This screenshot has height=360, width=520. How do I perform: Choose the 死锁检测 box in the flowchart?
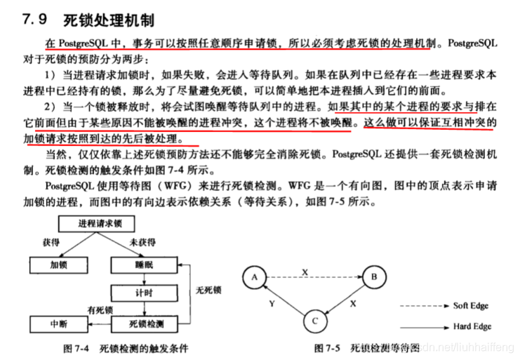[x=145, y=324]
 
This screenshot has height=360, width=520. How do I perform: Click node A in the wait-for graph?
[x=253, y=278]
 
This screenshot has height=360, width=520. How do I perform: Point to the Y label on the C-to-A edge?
[x=271, y=305]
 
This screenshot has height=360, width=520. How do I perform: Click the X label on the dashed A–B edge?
[x=305, y=271]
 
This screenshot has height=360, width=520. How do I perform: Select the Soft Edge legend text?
[x=472, y=307]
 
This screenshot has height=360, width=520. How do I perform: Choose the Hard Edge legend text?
[x=473, y=326]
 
